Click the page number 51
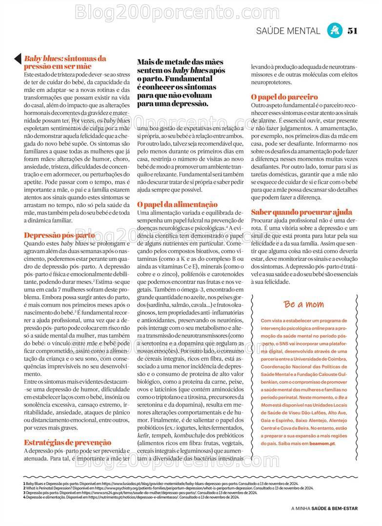pos(353,31)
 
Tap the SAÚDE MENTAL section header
pos(288,31)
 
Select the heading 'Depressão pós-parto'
pos(60,235)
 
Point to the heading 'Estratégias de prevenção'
pos(67,442)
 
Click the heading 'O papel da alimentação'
pos(177,205)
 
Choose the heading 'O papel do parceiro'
pos(284,97)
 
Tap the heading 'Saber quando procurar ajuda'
pos(301,212)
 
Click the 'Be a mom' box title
pos(304,304)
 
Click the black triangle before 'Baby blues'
pos(18,58)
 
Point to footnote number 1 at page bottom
pos(24,483)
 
